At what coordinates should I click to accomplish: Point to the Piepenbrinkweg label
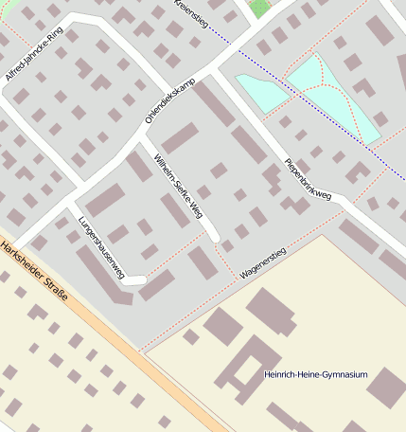(308, 169)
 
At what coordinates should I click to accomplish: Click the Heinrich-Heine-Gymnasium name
(315, 375)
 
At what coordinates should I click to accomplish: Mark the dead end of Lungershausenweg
(137, 279)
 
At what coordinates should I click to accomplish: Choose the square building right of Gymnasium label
(386, 387)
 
